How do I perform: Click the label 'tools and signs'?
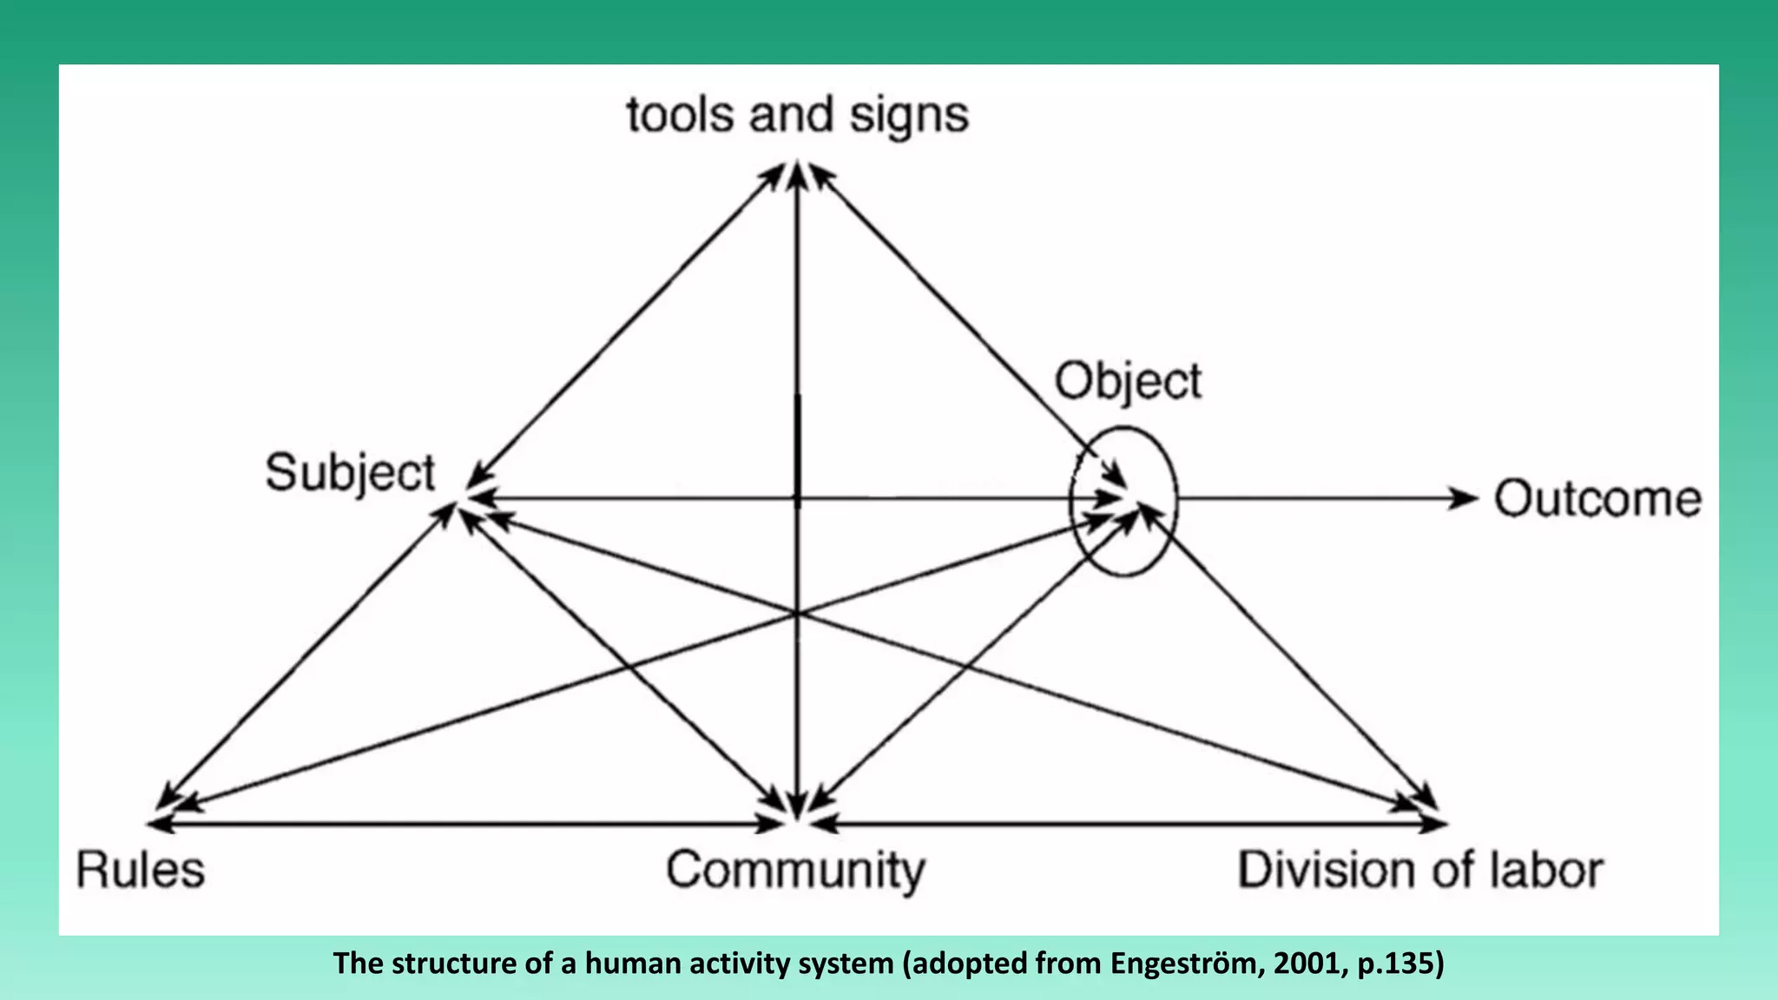797,115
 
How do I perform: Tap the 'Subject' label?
350,474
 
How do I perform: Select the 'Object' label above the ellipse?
1128,382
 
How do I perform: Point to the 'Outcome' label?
1597,499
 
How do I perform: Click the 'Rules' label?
140,870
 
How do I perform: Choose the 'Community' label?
795,870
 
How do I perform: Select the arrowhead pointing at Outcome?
1465,498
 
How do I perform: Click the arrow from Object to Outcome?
1320,498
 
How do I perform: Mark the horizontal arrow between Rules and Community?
469,823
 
